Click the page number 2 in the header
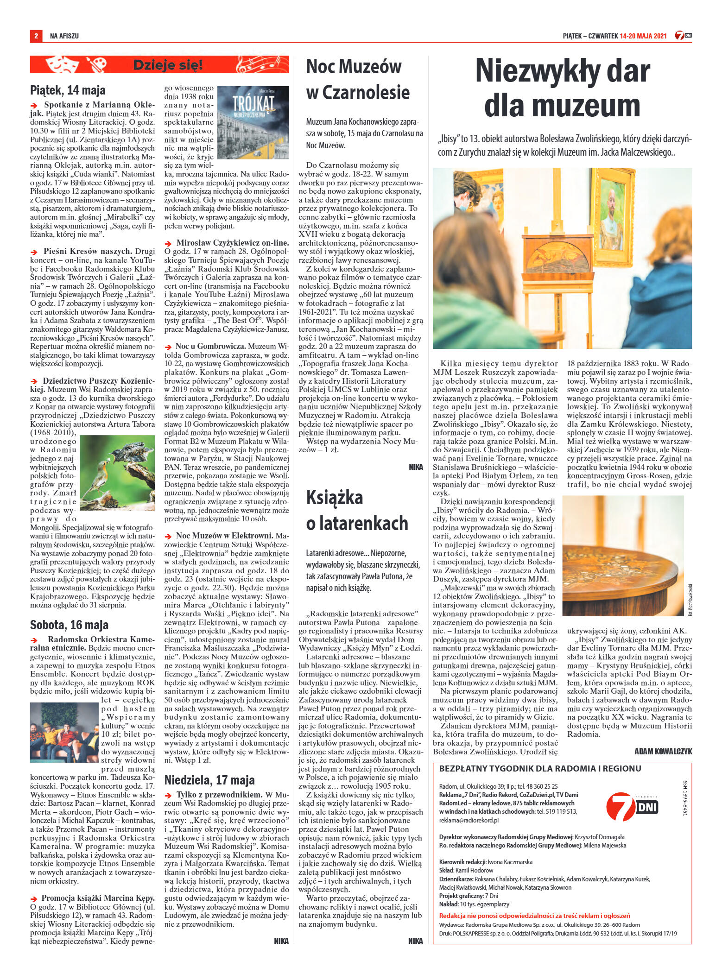click(35, 36)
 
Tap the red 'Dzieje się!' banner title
click(168, 65)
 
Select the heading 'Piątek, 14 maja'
click(68, 89)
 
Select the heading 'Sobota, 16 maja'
click(70, 624)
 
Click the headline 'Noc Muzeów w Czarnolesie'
click(358, 80)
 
